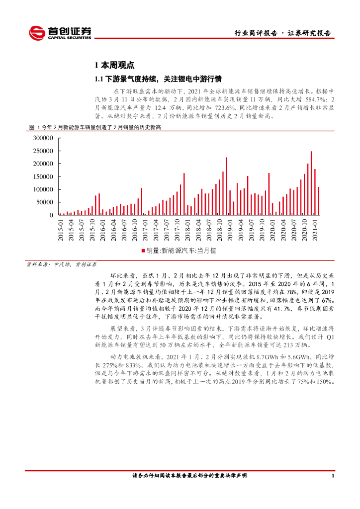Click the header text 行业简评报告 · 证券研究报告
[x=282, y=33]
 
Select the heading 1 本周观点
[x=114, y=65]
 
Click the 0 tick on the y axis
[x=52, y=215]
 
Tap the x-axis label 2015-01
[x=61, y=231]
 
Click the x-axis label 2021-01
[x=315, y=231]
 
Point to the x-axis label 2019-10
[x=263, y=231]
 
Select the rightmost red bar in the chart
[x=319, y=201]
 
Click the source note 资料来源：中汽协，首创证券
[x=62, y=265]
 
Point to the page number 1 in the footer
[x=332, y=476]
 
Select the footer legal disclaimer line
[x=189, y=476]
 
